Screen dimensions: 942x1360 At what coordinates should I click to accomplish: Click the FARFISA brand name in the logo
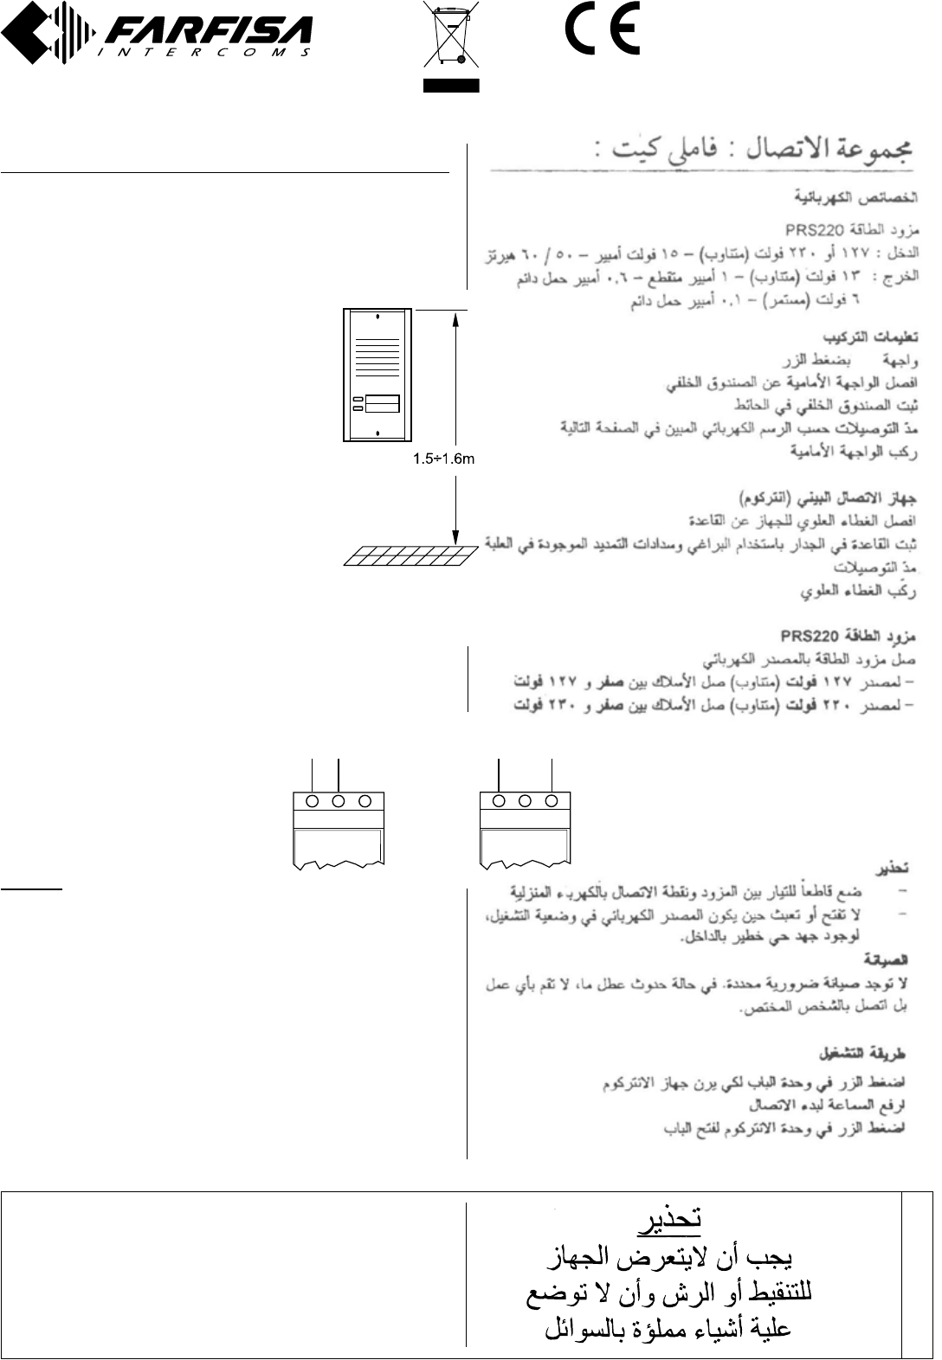click(208, 33)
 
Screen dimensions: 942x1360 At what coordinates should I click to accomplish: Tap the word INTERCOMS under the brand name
click(208, 53)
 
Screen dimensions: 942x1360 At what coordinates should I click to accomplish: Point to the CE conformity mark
click(603, 31)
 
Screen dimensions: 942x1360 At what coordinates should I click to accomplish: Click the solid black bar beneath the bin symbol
click(450, 85)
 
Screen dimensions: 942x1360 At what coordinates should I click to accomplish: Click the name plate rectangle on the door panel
click(382, 403)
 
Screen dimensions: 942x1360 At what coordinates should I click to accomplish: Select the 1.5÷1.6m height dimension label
click(442, 459)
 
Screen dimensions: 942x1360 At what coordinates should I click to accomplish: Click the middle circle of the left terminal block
click(339, 801)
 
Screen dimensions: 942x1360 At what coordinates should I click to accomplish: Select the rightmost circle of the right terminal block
click(552, 801)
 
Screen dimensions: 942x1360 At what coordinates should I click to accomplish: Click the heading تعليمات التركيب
click(869, 337)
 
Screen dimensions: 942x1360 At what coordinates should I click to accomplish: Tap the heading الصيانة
click(886, 960)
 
